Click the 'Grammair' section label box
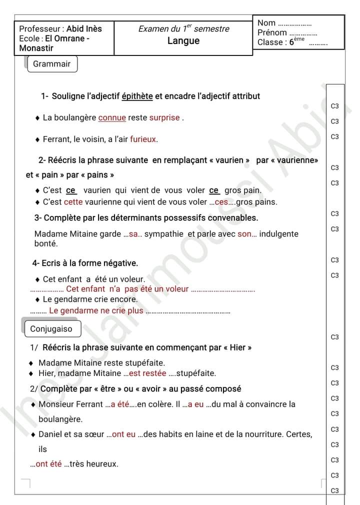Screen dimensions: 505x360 tap(52, 64)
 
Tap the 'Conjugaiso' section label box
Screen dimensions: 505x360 tap(51, 329)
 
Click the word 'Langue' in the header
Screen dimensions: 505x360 tap(183, 41)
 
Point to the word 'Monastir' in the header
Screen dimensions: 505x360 tap(36, 48)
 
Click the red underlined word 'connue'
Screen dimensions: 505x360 tap(112, 118)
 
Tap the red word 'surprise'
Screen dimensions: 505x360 tap(164, 118)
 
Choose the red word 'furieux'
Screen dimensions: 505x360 tap(144, 139)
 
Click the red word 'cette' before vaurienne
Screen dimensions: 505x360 tap(73, 202)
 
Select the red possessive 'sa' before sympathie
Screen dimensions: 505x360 tap(133, 234)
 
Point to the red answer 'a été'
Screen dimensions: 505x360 tap(120, 404)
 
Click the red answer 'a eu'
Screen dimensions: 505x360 tap(196, 404)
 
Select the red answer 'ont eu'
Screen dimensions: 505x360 tap(124, 434)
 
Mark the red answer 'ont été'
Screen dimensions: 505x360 tap(49, 464)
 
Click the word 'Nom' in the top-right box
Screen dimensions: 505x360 tap(266, 23)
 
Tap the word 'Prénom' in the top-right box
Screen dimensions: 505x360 tap(272, 32)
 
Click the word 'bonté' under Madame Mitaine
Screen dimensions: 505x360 tap(46, 244)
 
